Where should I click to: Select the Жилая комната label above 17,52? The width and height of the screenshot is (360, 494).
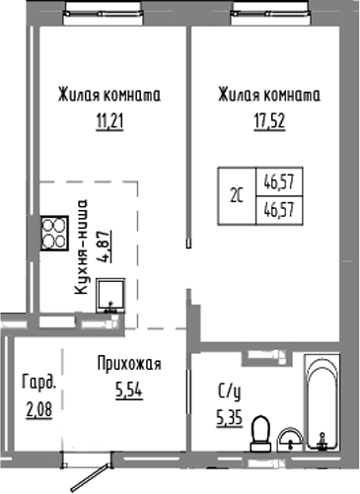pos(268,96)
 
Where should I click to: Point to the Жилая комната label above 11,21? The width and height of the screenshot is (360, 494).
pos(108,96)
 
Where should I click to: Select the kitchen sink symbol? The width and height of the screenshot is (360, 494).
pos(110,293)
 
